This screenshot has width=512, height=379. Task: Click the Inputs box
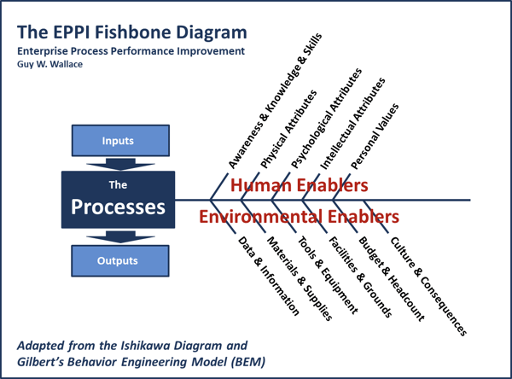pyautogui.click(x=120, y=141)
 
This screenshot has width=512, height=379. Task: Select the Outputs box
pyautogui.click(x=120, y=260)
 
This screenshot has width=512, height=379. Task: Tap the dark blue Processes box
pyautogui.click(x=119, y=200)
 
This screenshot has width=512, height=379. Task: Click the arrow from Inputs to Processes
pyautogui.click(x=120, y=164)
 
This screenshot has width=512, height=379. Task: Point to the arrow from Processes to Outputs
pyautogui.click(x=120, y=237)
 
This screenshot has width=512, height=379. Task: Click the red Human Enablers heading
pyautogui.click(x=300, y=185)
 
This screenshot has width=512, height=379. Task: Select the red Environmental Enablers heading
pyautogui.click(x=300, y=216)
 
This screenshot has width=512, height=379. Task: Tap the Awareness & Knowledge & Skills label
pyautogui.click(x=276, y=101)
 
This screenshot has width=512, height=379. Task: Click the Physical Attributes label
pyautogui.click(x=288, y=129)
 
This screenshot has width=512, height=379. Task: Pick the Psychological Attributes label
pyautogui.click(x=326, y=119)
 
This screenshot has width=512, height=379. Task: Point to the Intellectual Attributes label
pyautogui.click(x=352, y=124)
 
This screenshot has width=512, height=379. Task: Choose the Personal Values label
pyautogui.click(x=375, y=137)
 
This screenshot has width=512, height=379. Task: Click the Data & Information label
pyautogui.click(x=269, y=276)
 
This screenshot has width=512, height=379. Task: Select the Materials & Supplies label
pyautogui.click(x=300, y=278)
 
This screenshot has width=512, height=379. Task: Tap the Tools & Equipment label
pyautogui.click(x=328, y=275)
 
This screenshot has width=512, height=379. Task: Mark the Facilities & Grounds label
pyautogui.click(x=360, y=277)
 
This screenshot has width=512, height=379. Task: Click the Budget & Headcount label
pyautogui.click(x=392, y=278)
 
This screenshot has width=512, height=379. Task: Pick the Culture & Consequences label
pyautogui.click(x=428, y=286)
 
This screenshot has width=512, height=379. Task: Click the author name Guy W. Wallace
pyautogui.click(x=50, y=64)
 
